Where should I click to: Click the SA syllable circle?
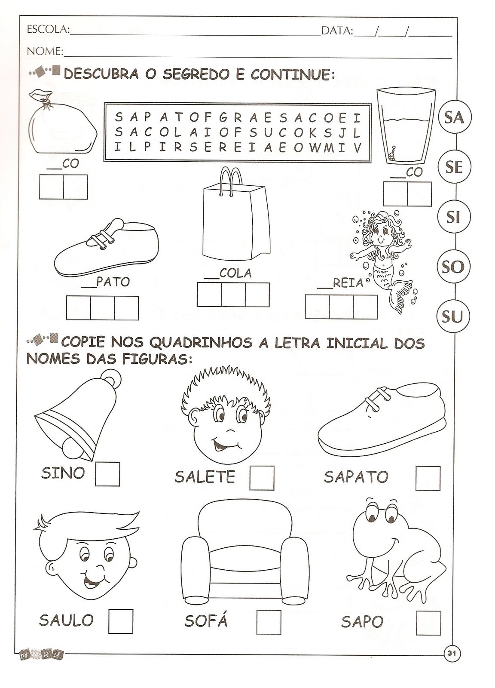[454, 117]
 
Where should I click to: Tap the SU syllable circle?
[452, 317]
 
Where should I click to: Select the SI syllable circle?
[453, 217]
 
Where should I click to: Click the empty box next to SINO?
[107, 474]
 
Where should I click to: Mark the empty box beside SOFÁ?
[269, 622]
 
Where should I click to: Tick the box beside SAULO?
[120, 620]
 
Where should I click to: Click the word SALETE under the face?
[205, 476]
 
